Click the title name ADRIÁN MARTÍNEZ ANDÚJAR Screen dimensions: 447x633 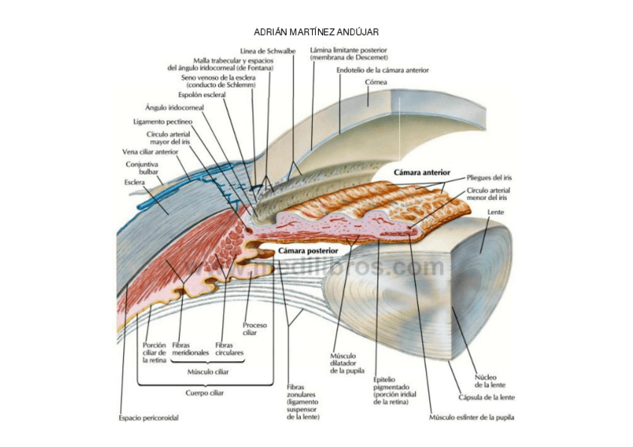tap(316, 32)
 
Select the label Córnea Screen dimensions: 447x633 tap(375, 82)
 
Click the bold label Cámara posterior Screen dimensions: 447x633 tap(308, 251)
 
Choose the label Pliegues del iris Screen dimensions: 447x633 tap(489, 178)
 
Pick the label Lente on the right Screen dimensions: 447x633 tap(496, 212)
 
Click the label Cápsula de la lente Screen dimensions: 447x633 tap(487, 397)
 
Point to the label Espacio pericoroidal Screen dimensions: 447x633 tap(149, 418)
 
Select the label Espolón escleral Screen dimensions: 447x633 tap(202, 95)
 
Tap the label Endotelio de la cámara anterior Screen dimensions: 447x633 tap(382, 70)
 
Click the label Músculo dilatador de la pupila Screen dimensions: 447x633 tap(343, 363)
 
